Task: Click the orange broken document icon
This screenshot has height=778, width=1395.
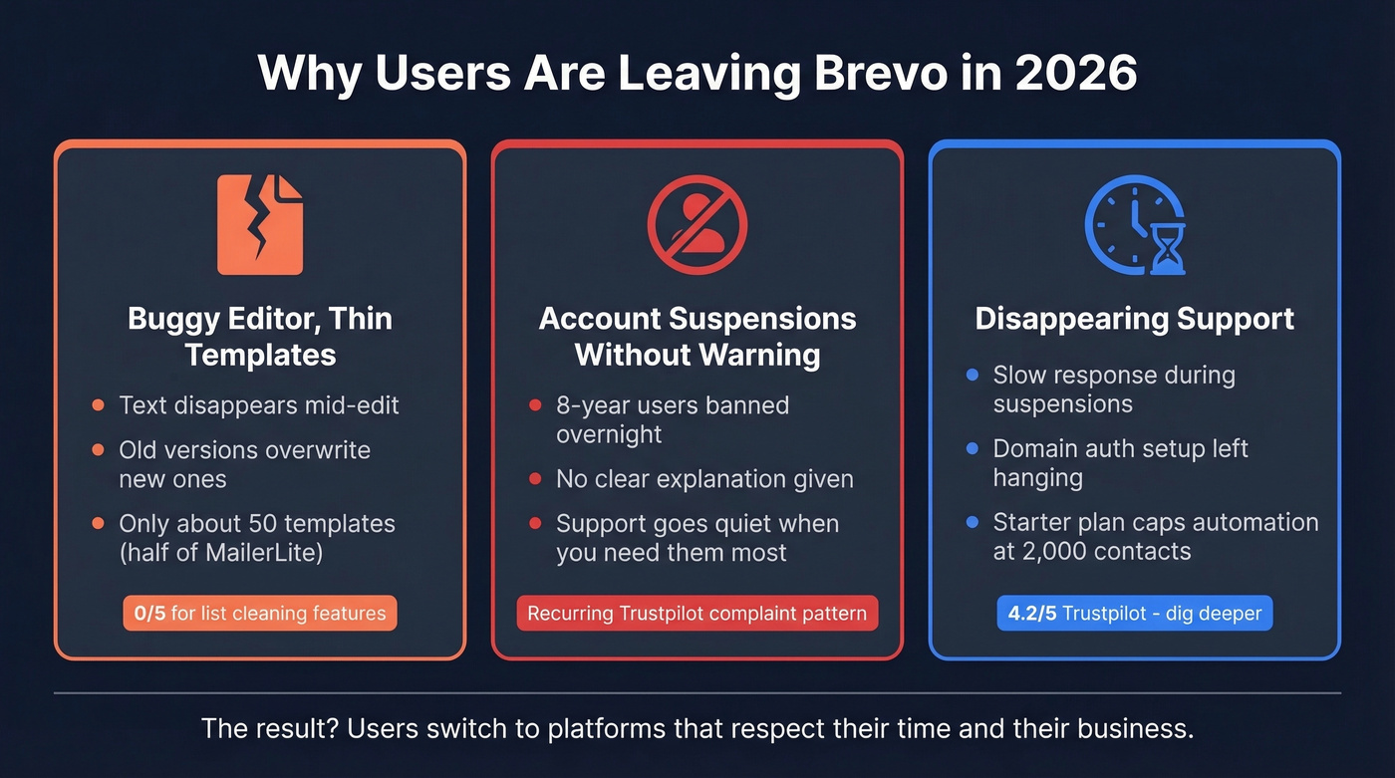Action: pyautogui.click(x=260, y=224)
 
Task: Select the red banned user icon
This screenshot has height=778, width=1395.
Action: pyautogui.click(x=697, y=224)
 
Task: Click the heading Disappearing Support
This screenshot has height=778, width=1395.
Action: pyautogui.click(x=1134, y=319)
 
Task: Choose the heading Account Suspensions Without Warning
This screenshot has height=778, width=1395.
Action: pyautogui.click(x=697, y=337)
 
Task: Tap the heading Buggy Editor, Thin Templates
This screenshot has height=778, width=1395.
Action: pyautogui.click(x=260, y=337)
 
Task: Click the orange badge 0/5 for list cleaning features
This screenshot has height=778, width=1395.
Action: pyautogui.click(x=260, y=613)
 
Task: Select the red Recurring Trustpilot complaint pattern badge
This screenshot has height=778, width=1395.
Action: pyautogui.click(x=697, y=613)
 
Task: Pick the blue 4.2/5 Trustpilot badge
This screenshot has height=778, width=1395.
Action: pyautogui.click(x=1134, y=613)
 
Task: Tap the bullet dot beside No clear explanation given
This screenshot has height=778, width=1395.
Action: pyautogui.click(x=535, y=479)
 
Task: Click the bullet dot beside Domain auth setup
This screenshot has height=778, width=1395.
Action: pyautogui.click(x=973, y=449)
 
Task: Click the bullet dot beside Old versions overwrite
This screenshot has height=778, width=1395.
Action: pyautogui.click(x=98, y=450)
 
